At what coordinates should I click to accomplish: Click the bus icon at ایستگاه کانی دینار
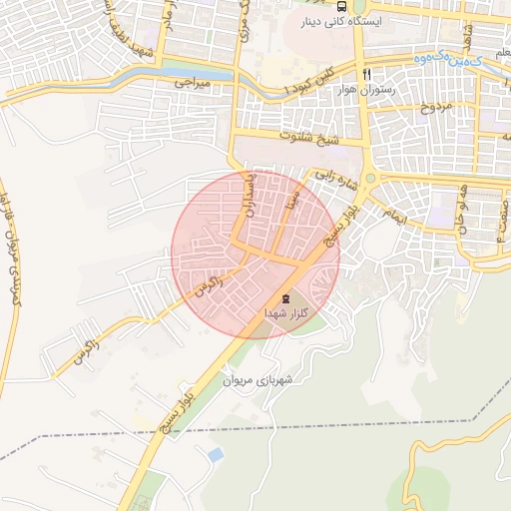pyautogui.click(x=343, y=6)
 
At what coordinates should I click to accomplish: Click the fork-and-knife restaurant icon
pyautogui.click(x=367, y=74)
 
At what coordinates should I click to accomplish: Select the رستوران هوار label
pyautogui.click(x=367, y=90)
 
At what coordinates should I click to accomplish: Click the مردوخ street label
pyautogui.click(x=434, y=105)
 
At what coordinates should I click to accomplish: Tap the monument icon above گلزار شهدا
pyautogui.click(x=284, y=297)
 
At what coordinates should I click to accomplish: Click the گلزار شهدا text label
pyautogui.click(x=284, y=313)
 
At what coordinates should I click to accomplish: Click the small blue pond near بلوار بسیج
pyautogui.click(x=215, y=455)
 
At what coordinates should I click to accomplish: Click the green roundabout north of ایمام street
pyautogui.click(x=369, y=179)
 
